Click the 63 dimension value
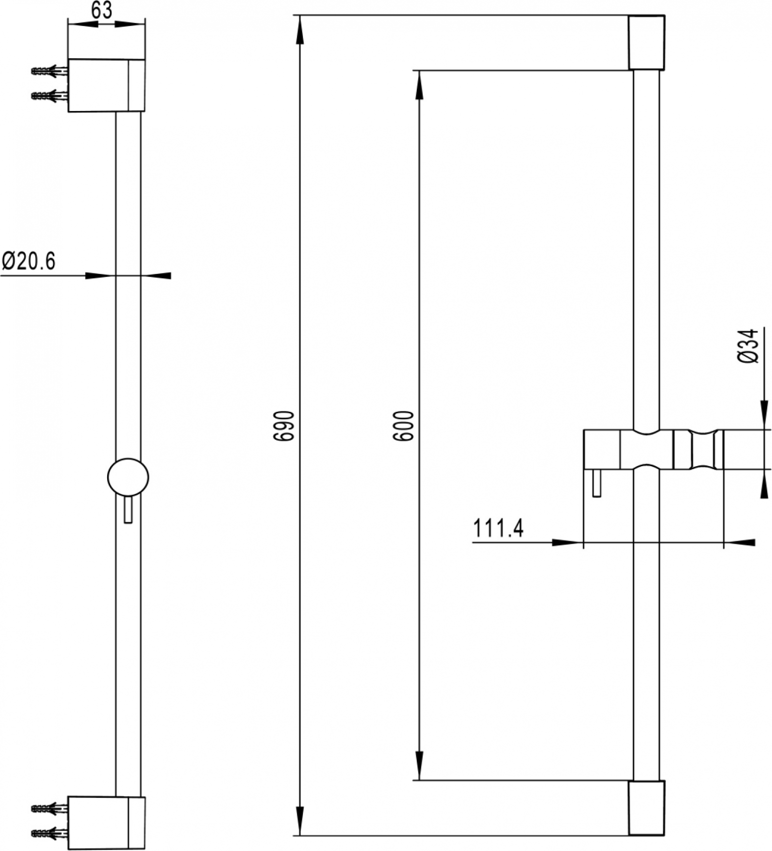(102, 10)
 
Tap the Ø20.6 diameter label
(28, 261)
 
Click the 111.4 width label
(498, 528)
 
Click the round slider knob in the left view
(128, 478)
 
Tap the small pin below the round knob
(128, 509)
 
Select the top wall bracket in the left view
(106, 85)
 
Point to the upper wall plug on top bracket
(49, 71)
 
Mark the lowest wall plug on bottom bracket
(49, 833)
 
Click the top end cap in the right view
(646, 42)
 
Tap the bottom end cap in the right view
(646, 808)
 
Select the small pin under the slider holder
(597, 483)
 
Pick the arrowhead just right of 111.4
(568, 542)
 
